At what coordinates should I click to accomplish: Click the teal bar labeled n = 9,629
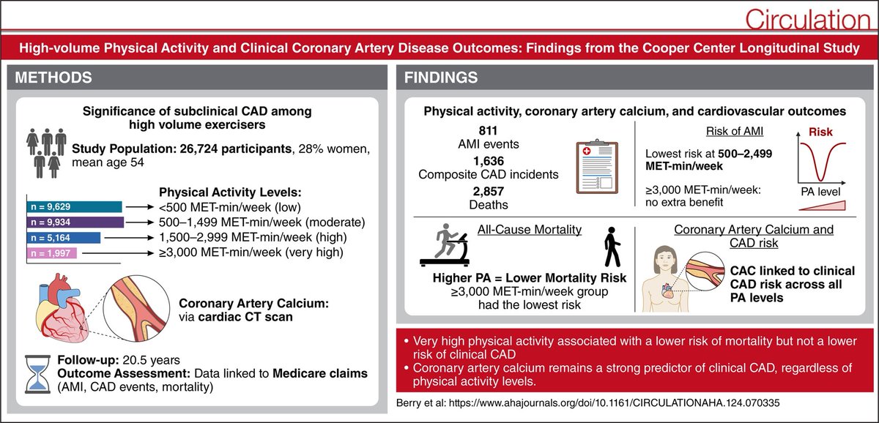[x=73, y=207]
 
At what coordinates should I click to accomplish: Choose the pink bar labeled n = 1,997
[x=51, y=253]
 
